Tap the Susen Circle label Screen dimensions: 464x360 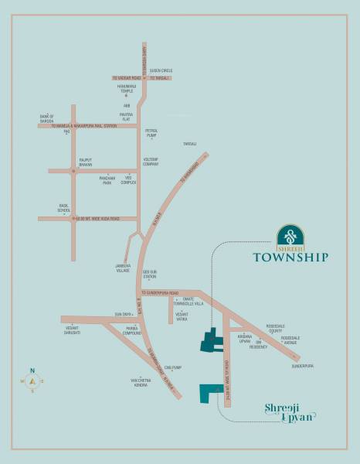point(160,70)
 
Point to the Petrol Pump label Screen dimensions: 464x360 point(151,133)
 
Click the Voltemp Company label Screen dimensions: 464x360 point(151,162)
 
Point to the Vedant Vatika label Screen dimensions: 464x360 point(182,318)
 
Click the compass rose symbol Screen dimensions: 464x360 point(32,380)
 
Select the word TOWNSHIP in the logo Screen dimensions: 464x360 point(290,258)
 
